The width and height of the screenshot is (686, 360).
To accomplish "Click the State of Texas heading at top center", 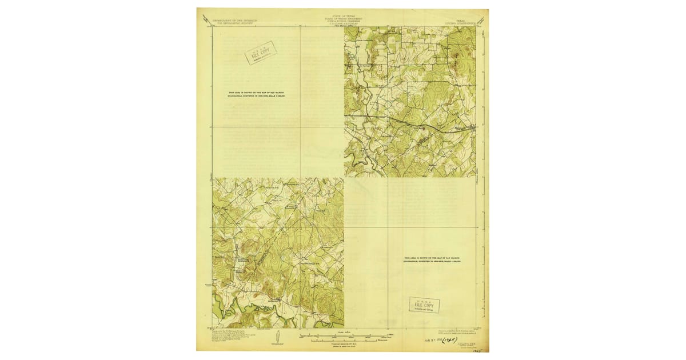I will pyautogui.click(x=342, y=19).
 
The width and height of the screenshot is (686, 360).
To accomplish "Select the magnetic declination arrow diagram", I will pyautogui.click(x=277, y=337).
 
